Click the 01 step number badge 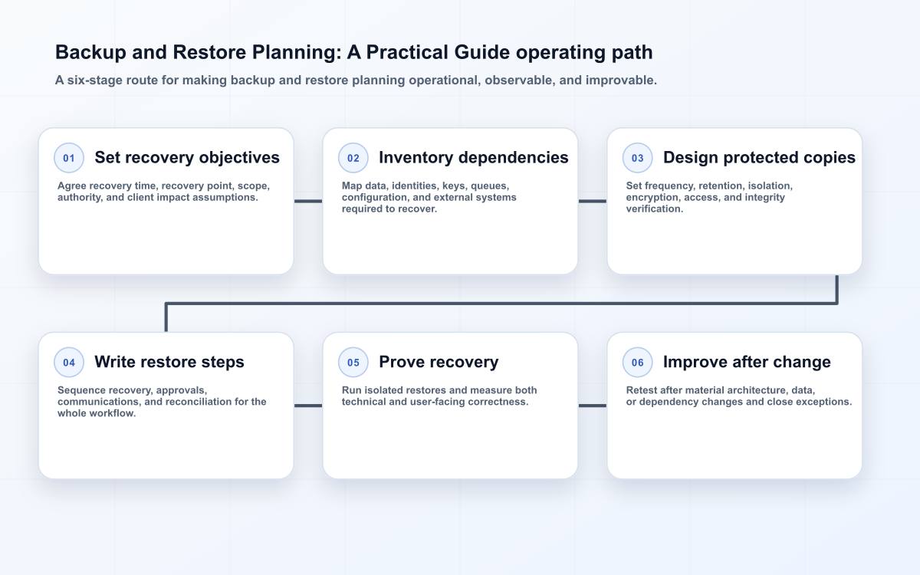pyautogui.click(x=69, y=158)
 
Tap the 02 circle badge pyautogui.click(x=353, y=158)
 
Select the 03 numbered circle pyautogui.click(x=637, y=158)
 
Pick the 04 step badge pyautogui.click(x=69, y=362)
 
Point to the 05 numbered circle pyautogui.click(x=353, y=362)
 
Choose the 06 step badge pyautogui.click(x=637, y=362)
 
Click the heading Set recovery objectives pyautogui.click(x=187, y=158)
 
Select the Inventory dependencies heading pyautogui.click(x=474, y=158)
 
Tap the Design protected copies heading pyautogui.click(x=759, y=158)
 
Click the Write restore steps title pyautogui.click(x=169, y=362)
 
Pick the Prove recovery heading pyautogui.click(x=439, y=362)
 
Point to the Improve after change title pyautogui.click(x=747, y=362)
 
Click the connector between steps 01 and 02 pyautogui.click(x=308, y=201)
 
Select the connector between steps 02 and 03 pyautogui.click(x=592, y=201)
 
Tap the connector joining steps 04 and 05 pyautogui.click(x=308, y=406)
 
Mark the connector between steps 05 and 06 pyautogui.click(x=592, y=406)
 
